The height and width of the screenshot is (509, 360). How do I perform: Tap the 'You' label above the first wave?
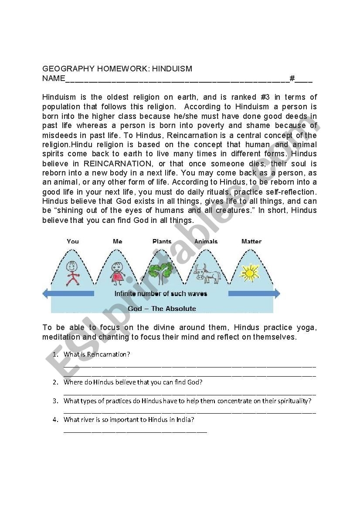coord(73,241)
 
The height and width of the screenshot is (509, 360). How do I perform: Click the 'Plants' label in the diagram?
coord(162,241)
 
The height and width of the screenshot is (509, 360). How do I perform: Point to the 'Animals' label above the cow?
coord(206,241)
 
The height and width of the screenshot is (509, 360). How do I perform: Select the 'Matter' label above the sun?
coord(251,241)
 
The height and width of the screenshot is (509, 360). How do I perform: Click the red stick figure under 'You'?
coord(73,273)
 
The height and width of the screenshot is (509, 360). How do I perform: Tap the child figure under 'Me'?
coord(117,273)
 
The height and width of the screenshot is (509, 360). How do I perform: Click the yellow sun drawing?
coord(250,273)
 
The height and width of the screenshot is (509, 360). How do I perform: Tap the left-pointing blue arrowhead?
coord(45,293)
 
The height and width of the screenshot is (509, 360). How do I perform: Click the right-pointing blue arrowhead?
coord(277,293)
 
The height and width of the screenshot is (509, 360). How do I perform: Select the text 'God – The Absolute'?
coord(162,309)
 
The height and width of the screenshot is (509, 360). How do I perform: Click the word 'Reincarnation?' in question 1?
coord(109,354)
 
